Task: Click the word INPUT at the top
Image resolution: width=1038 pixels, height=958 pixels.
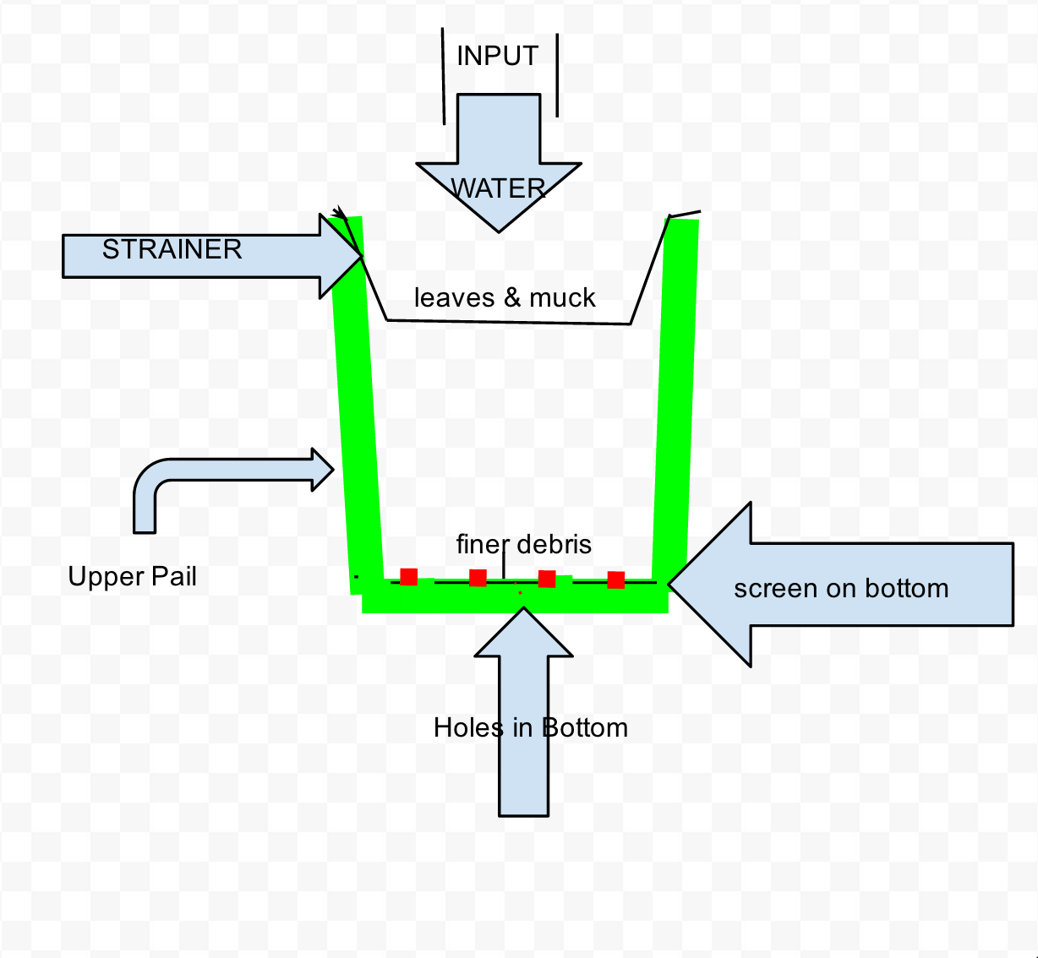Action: (x=497, y=56)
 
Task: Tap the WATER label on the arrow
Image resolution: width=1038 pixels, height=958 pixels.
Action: (x=498, y=188)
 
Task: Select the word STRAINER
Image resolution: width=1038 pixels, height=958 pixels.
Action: (x=172, y=249)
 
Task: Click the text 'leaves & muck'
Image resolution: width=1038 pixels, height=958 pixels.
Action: (x=505, y=297)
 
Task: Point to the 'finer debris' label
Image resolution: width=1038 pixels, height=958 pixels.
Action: (x=524, y=544)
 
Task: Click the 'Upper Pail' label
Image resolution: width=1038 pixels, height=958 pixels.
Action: (x=132, y=577)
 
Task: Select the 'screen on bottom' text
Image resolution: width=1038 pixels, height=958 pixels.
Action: (x=841, y=589)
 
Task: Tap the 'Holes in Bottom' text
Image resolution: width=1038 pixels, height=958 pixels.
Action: (x=531, y=727)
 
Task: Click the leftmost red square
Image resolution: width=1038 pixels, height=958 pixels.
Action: (x=409, y=577)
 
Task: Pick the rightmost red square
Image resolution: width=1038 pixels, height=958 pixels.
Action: (x=616, y=580)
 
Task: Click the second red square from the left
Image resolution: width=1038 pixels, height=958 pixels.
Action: (x=478, y=578)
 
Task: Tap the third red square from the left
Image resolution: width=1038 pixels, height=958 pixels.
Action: (x=547, y=579)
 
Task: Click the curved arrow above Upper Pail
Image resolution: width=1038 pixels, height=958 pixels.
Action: (x=230, y=469)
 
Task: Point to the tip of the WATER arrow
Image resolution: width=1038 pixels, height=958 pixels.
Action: (x=499, y=232)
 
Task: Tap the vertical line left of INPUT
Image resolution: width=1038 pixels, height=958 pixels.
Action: (x=443, y=76)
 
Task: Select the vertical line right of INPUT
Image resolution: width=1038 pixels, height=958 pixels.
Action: (x=557, y=75)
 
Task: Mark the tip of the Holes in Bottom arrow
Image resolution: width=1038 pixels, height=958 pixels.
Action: (x=524, y=607)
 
